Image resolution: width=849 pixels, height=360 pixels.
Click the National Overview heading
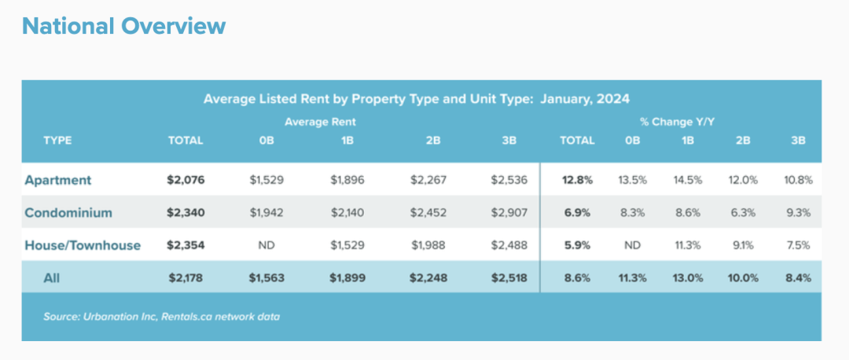[x=124, y=26]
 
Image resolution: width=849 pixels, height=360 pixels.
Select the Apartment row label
[x=58, y=180]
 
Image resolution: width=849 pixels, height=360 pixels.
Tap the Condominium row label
[x=68, y=213]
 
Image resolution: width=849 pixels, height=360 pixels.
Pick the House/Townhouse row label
[x=83, y=245]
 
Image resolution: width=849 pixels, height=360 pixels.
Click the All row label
[x=52, y=278]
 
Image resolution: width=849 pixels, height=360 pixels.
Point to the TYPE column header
[x=57, y=141]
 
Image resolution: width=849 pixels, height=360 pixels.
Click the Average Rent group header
[x=320, y=122]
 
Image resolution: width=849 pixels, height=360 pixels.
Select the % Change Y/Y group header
[x=678, y=122]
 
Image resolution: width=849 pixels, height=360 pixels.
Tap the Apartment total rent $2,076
[x=186, y=180]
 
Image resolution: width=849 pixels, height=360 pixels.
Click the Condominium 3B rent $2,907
[x=509, y=213]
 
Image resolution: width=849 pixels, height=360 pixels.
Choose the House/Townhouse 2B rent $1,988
[x=428, y=245]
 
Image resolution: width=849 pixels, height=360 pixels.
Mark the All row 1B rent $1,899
[x=347, y=278]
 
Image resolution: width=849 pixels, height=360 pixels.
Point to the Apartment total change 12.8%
[x=577, y=180]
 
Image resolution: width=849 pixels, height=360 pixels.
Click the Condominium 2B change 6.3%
[x=743, y=213]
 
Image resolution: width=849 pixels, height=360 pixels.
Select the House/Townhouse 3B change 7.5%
[x=799, y=245]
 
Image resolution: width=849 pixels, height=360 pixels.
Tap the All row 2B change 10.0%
[x=743, y=278]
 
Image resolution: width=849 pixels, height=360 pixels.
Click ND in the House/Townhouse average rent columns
[x=267, y=245]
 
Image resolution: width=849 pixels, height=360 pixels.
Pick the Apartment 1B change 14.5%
[x=688, y=180]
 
